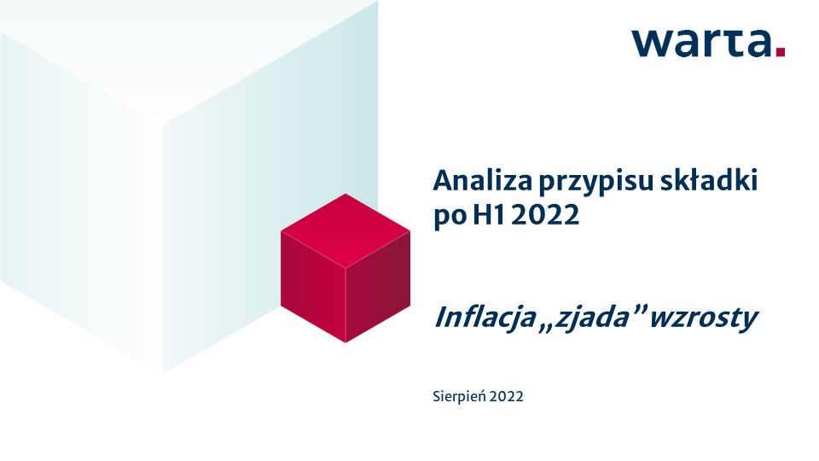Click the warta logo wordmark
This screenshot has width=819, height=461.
[708, 43]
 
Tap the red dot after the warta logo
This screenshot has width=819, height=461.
[781, 51]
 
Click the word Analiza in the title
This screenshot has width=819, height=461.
[482, 181]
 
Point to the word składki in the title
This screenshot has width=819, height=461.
[709, 180]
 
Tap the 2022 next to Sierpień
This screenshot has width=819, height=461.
[507, 397]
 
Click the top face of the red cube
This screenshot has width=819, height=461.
[346, 230]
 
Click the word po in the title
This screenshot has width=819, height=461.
[450, 217]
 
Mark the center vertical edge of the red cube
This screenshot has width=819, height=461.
[346, 306]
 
